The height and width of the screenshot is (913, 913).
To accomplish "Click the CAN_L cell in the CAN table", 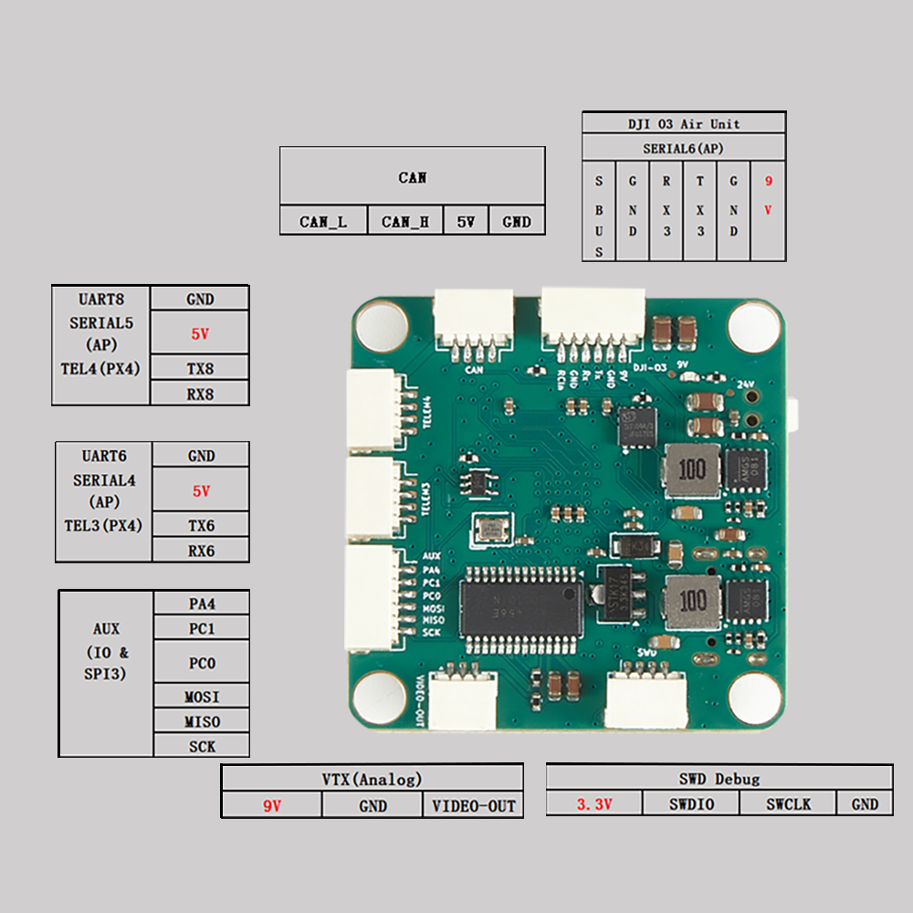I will [x=323, y=221].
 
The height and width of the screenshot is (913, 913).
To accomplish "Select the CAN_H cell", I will [x=405, y=221].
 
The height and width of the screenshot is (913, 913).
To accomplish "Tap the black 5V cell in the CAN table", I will [x=466, y=221].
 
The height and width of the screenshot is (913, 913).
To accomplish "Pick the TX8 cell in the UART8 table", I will [x=200, y=367].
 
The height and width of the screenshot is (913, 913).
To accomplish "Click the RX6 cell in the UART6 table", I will [x=201, y=550].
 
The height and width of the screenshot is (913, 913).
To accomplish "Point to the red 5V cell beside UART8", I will [x=200, y=333].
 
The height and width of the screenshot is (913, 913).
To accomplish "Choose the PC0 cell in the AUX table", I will [x=202, y=663].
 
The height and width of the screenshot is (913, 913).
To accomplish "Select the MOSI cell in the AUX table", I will [x=202, y=697].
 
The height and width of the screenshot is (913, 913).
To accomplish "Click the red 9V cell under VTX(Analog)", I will [x=271, y=805].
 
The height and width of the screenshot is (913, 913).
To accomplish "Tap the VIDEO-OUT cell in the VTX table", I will [x=473, y=805].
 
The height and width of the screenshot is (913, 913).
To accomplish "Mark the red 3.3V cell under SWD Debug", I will [x=594, y=803].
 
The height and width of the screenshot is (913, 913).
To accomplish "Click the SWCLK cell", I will [x=788, y=803].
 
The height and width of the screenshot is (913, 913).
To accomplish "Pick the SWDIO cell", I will [x=691, y=803].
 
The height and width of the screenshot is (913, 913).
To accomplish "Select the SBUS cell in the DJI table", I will [x=599, y=216].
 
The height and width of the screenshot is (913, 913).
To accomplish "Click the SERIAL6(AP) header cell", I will [x=684, y=147].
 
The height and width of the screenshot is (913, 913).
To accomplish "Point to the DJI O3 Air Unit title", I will [x=684, y=123].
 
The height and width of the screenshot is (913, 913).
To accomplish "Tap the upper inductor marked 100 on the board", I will [x=692, y=470].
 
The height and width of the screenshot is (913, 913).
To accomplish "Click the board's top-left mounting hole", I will [x=381, y=323].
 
